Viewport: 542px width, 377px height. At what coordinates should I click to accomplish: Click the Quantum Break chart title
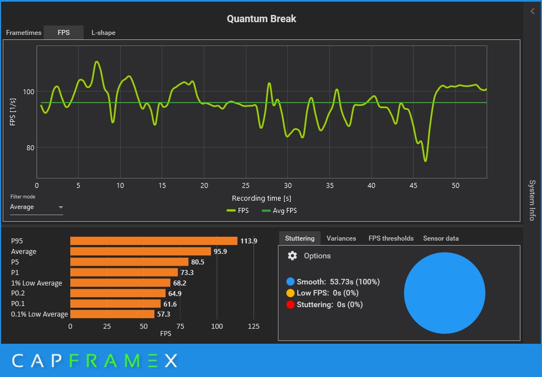[261, 19]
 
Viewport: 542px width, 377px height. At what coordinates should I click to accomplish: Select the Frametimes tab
[24, 33]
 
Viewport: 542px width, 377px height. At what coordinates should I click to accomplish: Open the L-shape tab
[104, 33]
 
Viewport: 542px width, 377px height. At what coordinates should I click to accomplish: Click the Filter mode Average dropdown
[37, 207]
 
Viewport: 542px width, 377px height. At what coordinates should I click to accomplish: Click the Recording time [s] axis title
[261, 198]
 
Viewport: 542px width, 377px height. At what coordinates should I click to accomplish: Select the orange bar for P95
[153, 241]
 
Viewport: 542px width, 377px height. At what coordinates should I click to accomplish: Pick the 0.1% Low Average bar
[112, 314]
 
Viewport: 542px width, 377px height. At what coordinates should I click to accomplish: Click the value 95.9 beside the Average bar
[220, 252]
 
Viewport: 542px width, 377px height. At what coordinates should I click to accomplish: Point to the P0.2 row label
[19, 293]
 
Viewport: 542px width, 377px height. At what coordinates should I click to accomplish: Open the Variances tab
[341, 238]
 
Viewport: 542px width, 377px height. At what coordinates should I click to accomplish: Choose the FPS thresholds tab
[391, 238]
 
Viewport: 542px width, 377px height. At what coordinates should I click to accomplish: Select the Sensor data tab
[441, 238]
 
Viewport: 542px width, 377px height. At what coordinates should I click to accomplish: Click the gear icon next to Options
[293, 256]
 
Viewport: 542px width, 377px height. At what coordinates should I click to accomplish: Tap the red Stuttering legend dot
[290, 304]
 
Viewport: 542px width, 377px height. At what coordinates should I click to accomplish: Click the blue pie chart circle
[445, 293]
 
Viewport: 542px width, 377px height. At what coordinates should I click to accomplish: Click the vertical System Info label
[532, 200]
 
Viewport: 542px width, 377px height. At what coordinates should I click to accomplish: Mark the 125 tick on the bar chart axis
[254, 327]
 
